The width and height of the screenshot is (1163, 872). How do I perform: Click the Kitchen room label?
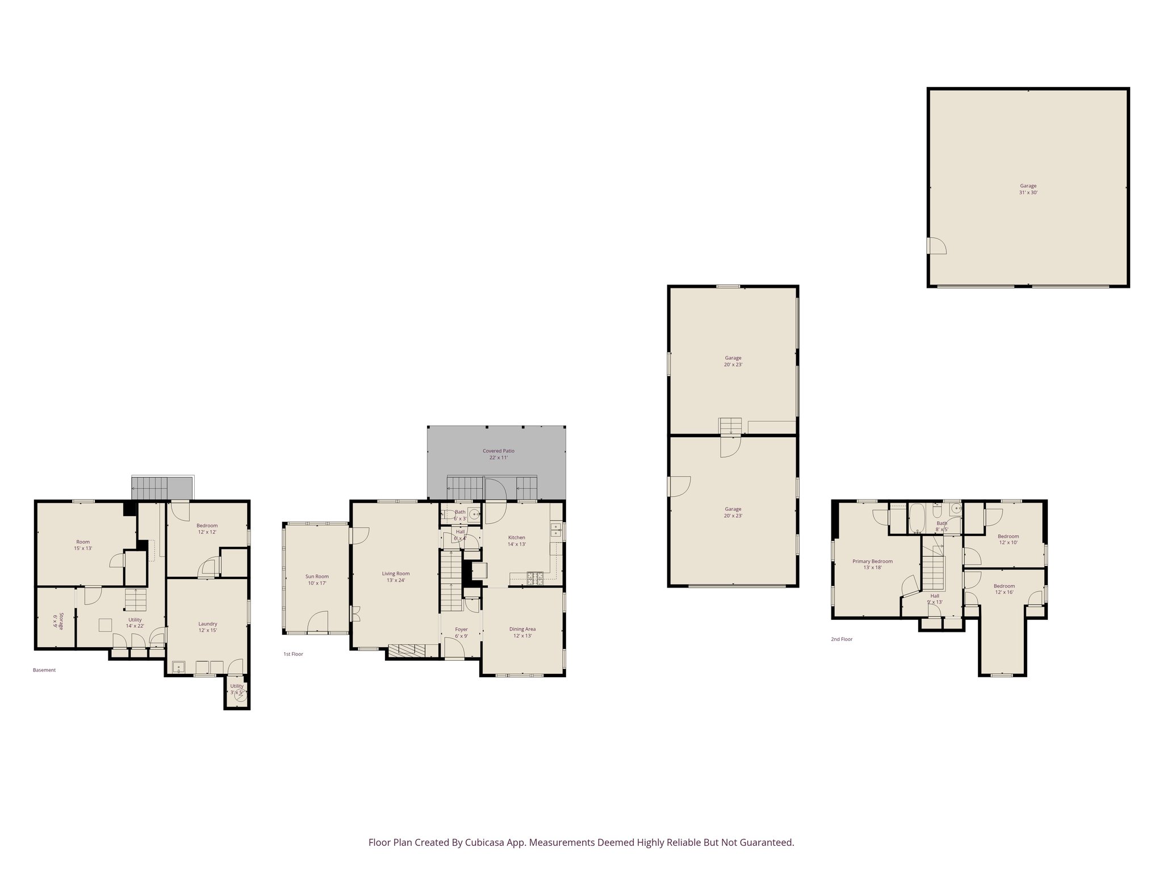pos(516,540)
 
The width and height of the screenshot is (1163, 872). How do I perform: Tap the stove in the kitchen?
pos(535,578)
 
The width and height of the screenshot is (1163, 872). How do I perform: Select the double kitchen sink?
pos(555,530)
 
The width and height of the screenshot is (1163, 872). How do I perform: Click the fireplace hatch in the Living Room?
pos(406,651)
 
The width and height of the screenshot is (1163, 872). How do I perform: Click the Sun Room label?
pos(317,580)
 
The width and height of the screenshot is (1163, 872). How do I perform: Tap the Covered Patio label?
pos(498,454)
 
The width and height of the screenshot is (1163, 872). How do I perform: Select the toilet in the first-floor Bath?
pos(448,515)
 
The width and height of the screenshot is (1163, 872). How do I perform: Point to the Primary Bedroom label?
pos(872,564)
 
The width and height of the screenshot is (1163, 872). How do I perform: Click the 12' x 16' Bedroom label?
pos(1004,589)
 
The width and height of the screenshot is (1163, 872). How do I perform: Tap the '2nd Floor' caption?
pos(842,639)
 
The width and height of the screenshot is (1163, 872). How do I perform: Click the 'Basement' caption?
pos(44,670)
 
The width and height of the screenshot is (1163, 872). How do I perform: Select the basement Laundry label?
pos(208,627)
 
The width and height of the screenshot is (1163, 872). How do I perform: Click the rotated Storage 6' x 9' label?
pos(58,621)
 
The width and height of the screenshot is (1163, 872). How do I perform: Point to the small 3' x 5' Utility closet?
pos(237,691)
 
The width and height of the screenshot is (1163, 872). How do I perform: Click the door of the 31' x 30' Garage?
pos(936,246)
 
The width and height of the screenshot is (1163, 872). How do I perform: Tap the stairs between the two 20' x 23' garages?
pos(730,426)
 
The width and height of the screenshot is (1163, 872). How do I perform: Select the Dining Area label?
pos(522,632)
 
